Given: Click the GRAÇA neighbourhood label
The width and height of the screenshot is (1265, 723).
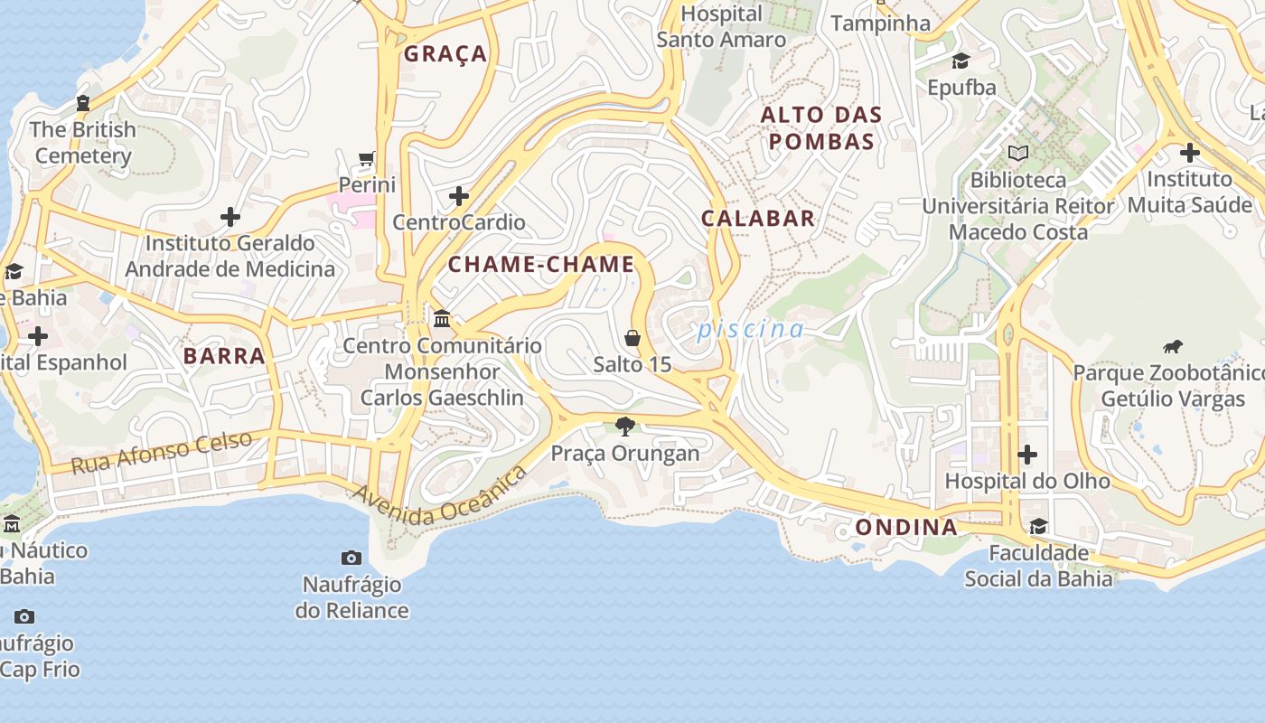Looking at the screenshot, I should (x=445, y=54).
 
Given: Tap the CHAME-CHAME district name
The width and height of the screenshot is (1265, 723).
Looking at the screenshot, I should (x=541, y=265).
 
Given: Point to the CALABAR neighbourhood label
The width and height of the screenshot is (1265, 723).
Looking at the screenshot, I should (x=758, y=218).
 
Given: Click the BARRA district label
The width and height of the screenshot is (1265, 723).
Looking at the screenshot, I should (x=224, y=356).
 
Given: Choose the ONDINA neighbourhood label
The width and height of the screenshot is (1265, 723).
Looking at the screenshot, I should (x=905, y=527).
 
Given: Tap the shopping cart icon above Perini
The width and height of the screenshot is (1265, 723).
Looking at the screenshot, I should (x=366, y=160).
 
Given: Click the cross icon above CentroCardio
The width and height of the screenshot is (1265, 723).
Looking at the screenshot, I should (x=459, y=196).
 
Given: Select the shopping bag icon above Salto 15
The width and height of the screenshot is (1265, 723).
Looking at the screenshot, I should (x=632, y=338).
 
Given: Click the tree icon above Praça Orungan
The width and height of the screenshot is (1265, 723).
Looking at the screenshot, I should (x=624, y=426).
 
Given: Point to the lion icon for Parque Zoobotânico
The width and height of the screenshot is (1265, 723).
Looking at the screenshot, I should (x=1172, y=346).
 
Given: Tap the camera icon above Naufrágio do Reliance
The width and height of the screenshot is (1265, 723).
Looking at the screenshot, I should (x=351, y=558).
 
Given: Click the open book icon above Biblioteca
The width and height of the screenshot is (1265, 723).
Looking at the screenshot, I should (x=1018, y=153).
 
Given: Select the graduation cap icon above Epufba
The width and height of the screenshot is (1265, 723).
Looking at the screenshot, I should (x=960, y=61).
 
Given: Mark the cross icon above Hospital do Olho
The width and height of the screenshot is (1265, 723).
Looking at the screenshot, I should (x=1027, y=454).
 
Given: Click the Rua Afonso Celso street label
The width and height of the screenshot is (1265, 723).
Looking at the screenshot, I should (x=162, y=452).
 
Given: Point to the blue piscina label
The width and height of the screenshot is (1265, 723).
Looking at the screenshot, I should (x=750, y=329).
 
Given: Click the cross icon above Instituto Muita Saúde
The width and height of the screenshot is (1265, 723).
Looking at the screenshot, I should (x=1190, y=152).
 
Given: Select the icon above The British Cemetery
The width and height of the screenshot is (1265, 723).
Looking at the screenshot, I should (x=83, y=103).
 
